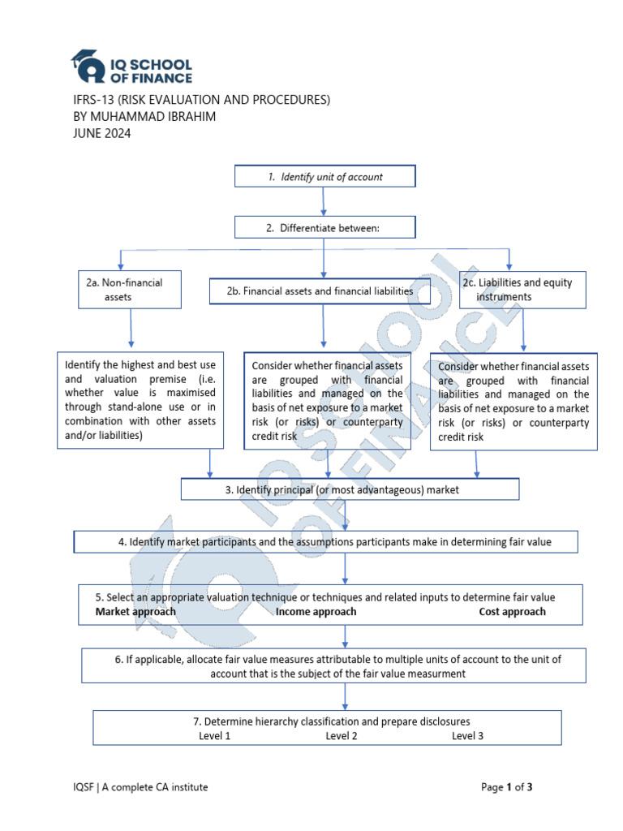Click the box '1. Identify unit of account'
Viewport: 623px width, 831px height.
[324, 176]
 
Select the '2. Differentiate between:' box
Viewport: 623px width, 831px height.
[324, 228]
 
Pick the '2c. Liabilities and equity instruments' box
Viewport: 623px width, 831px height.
[522, 290]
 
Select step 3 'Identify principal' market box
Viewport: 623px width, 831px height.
[350, 490]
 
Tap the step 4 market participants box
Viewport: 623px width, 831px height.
[326, 541]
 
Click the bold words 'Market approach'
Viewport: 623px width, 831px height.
[135, 612]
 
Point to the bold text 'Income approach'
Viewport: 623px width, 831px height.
[316, 612]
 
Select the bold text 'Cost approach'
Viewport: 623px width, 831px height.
[512, 612]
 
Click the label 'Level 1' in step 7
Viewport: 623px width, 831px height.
[215, 736]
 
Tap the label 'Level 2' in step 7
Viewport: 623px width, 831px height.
[342, 736]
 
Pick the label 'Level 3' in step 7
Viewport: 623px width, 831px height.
[468, 736]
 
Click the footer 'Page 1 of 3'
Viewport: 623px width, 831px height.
[507, 787]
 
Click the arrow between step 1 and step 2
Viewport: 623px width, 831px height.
[324, 201]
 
